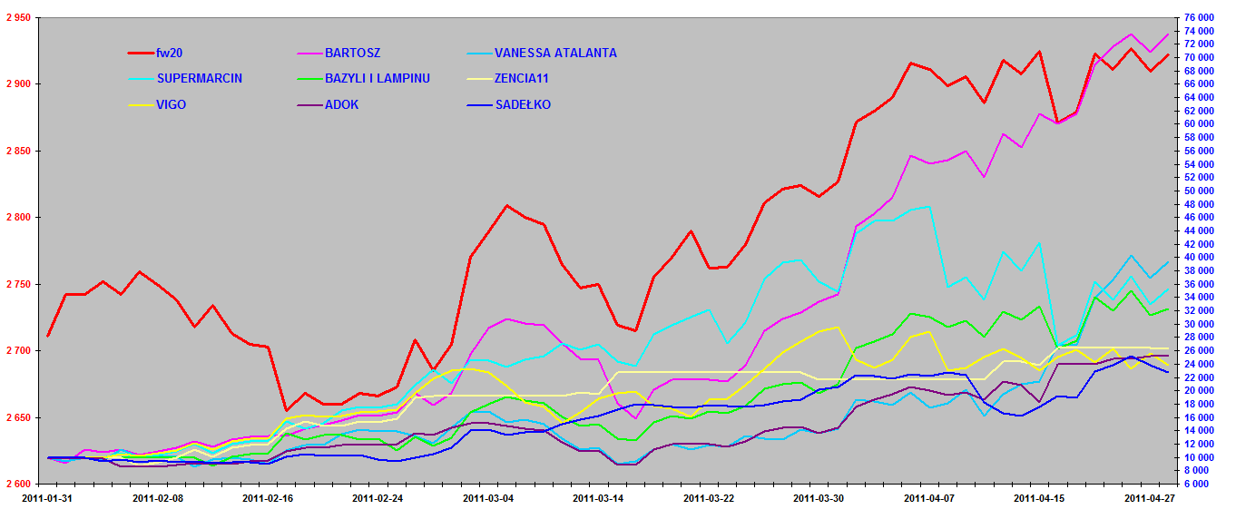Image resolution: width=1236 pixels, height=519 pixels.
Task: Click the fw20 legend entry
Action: pyautogui.click(x=170, y=53)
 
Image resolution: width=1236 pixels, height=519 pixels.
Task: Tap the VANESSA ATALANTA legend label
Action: pyautogui.click(x=555, y=53)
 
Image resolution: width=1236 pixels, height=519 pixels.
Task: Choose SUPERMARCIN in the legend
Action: pyautogui.click(x=199, y=78)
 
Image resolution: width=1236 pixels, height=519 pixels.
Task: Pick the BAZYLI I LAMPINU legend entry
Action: pyautogui.click(x=377, y=78)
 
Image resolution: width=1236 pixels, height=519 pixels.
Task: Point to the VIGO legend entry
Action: pyautogui.click(x=171, y=104)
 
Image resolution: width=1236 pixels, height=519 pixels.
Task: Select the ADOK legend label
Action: pyautogui.click(x=341, y=104)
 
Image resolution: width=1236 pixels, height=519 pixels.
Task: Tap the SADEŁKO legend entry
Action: pyautogui.click(x=523, y=104)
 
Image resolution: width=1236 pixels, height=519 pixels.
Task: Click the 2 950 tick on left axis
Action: pyautogui.click(x=17, y=17)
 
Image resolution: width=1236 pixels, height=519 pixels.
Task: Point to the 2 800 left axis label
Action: pyautogui.click(x=17, y=218)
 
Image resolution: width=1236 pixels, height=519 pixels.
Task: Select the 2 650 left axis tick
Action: pyautogui.click(x=17, y=417)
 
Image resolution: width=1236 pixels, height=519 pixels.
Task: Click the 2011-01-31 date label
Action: pyautogui.click(x=47, y=498)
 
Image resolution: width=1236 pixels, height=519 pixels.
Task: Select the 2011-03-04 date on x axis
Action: pyautogui.click(x=488, y=498)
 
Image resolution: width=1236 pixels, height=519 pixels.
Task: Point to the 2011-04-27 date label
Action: pyautogui.click(x=1150, y=498)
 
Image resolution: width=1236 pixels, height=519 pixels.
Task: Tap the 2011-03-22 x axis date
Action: pyautogui.click(x=709, y=498)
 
